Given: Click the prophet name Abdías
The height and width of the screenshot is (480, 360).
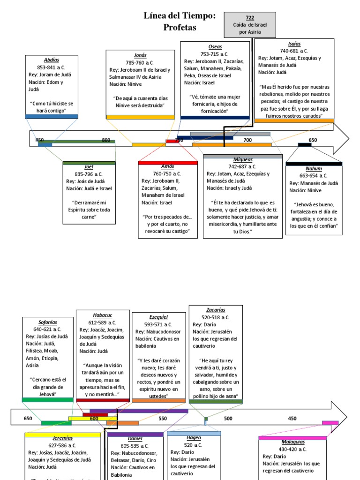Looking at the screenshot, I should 52,60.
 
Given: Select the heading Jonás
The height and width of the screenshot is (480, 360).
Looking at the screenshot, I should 140,55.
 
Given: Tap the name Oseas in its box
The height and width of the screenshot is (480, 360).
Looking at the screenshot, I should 215,47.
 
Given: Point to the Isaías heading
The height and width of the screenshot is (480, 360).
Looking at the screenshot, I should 294,43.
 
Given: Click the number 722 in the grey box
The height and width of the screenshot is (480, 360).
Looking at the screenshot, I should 250,17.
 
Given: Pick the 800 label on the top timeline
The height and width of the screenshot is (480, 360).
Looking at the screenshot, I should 106,140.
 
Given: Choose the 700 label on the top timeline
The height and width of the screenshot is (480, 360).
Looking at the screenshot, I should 247,140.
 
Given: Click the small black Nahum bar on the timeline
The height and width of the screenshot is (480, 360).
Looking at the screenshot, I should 305,145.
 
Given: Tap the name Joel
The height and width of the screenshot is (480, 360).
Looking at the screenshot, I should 89,166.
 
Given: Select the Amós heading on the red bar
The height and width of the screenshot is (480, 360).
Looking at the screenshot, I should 167,166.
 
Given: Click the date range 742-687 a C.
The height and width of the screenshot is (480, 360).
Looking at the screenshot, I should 242,166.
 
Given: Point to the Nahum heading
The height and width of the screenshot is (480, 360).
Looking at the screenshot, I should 314,168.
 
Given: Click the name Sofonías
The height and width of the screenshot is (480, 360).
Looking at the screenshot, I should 48,322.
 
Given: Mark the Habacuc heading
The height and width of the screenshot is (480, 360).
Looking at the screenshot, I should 103,315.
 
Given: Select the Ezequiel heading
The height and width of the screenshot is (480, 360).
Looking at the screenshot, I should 158,317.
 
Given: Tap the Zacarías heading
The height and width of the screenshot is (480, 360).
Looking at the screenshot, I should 216,310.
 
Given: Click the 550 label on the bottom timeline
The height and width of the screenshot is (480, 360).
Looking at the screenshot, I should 163,419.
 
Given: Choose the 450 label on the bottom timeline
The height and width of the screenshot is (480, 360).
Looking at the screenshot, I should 292,419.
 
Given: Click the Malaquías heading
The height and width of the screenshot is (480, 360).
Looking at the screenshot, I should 293,442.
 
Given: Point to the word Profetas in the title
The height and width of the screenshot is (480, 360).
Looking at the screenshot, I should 180,28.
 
